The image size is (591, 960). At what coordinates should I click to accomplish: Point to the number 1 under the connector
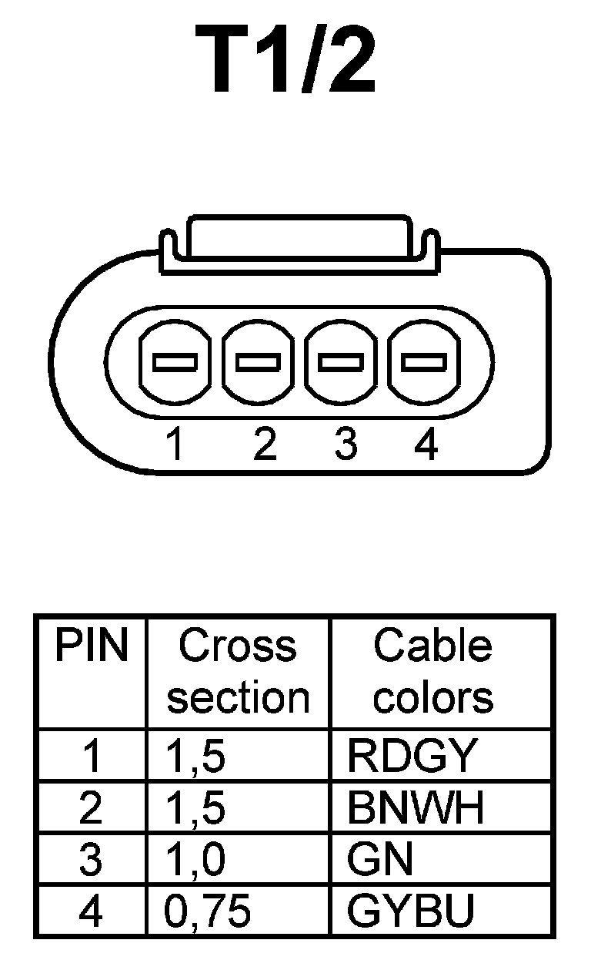click(x=177, y=445)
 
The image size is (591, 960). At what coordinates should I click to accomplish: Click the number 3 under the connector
click(x=346, y=445)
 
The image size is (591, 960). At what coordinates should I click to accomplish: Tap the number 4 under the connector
click(x=426, y=445)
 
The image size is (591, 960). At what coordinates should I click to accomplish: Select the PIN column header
click(x=91, y=647)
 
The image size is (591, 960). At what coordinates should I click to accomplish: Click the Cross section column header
click(x=238, y=672)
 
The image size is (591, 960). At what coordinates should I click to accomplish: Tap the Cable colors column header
click(x=433, y=672)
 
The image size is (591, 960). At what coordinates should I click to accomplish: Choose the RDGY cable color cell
click(x=412, y=757)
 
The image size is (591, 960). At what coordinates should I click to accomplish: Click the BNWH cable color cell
click(x=416, y=807)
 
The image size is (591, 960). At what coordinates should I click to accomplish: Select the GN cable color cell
click(x=380, y=859)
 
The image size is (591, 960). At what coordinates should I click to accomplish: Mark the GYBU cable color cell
click(x=410, y=911)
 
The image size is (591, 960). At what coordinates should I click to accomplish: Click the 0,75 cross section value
click(x=207, y=911)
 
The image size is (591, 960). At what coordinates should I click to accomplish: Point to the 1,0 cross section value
click(x=195, y=860)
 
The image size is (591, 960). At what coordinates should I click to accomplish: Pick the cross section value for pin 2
click(x=195, y=808)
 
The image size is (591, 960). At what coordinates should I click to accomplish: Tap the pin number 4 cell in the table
click(x=91, y=911)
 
